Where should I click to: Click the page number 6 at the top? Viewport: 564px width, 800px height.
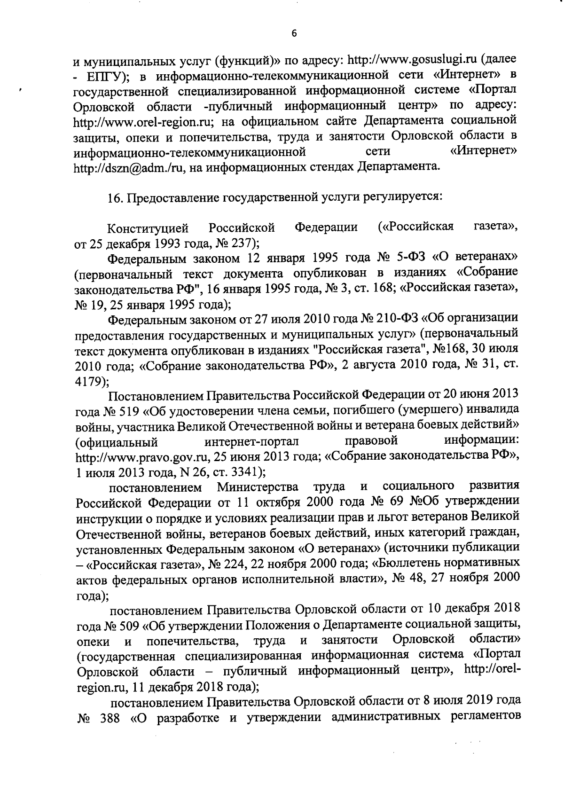coord(294,32)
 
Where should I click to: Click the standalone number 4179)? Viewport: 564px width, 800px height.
coord(92,381)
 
